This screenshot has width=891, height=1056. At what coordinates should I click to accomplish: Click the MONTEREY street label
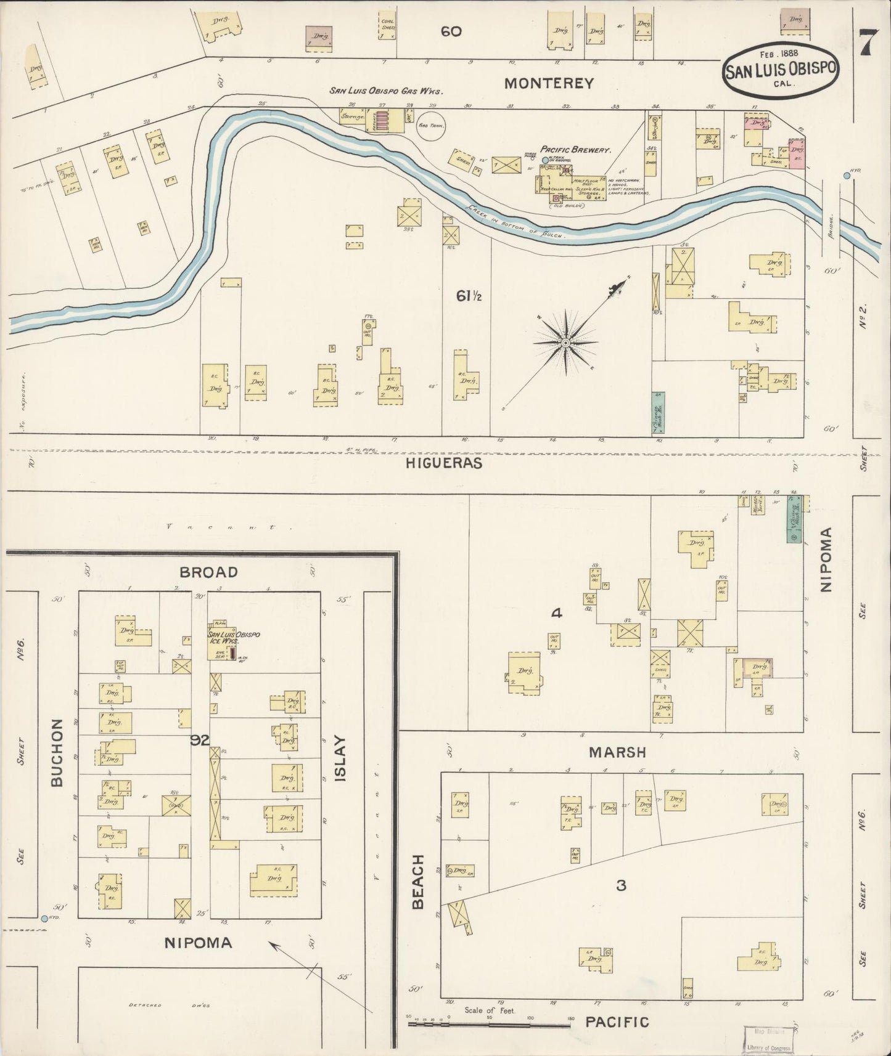549,83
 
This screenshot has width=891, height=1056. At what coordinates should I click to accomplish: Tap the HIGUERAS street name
444,463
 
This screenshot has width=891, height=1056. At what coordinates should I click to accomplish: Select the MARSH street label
617,752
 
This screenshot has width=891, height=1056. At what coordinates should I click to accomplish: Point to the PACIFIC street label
617,1022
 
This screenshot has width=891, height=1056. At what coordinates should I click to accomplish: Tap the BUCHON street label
57,752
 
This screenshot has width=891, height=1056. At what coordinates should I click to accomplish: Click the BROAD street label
208,572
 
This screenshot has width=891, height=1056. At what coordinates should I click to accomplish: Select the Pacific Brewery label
575,150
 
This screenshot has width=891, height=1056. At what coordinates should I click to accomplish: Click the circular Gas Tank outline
431,126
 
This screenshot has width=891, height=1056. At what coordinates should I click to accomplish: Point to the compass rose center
565,343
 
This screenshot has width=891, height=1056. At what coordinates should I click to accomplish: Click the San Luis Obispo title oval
781,70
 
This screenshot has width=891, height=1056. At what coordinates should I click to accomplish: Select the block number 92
200,740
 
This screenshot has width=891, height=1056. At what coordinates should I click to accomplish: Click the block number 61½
469,296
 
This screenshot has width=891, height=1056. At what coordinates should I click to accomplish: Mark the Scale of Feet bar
489,1025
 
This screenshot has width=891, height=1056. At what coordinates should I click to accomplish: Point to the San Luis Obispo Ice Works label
232,638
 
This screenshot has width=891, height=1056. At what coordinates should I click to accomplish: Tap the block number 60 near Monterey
451,31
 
